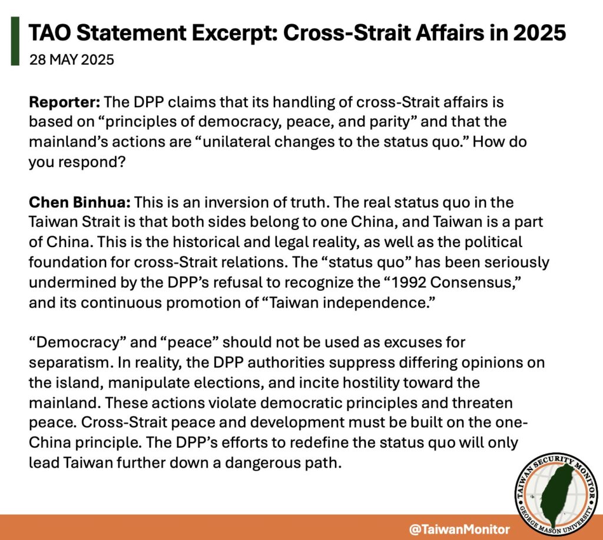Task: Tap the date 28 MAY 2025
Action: point(71,60)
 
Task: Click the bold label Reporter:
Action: point(65,102)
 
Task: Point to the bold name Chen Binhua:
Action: point(80,202)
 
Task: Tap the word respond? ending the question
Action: point(92,162)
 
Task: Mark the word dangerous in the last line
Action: point(262,462)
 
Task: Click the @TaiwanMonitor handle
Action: point(459,529)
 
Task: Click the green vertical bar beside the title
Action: point(15,41)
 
